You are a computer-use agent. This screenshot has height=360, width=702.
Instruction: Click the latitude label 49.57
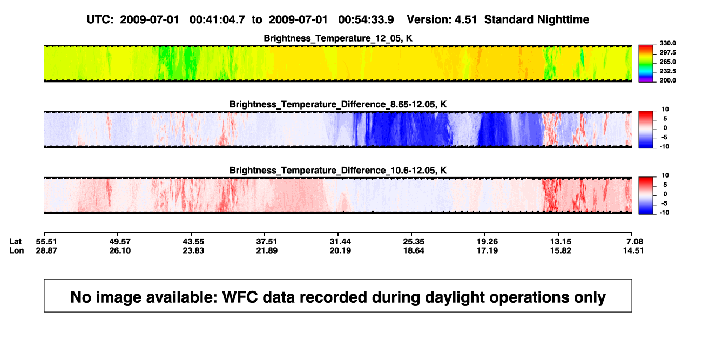(x=120, y=242)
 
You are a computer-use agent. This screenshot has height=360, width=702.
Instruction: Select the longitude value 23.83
(x=193, y=250)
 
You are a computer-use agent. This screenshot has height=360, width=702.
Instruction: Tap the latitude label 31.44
(x=340, y=242)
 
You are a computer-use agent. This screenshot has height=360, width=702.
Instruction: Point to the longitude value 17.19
(x=487, y=250)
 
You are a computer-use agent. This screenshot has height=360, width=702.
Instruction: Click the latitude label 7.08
(x=634, y=242)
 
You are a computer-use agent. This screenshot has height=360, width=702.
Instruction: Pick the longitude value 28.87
(x=46, y=250)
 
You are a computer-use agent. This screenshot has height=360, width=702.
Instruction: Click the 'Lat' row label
(x=15, y=242)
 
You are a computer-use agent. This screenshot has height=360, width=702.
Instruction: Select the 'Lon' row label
(x=17, y=250)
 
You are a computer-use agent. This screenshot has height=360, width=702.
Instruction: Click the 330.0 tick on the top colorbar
(x=667, y=43)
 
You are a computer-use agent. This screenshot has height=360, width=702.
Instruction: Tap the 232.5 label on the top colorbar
(x=667, y=71)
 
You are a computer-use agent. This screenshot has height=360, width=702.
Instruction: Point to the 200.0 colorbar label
(x=667, y=80)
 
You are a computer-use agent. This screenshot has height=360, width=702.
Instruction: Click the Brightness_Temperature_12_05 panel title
(x=338, y=38)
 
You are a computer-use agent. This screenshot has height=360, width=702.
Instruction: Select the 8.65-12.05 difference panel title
(x=338, y=104)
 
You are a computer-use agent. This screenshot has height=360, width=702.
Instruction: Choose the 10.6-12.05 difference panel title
(x=338, y=171)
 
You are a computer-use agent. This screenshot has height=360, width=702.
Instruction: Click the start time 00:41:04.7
(x=217, y=19)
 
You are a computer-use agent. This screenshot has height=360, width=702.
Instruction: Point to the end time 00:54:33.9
(x=366, y=19)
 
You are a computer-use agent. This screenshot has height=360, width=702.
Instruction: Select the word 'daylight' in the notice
(x=455, y=297)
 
